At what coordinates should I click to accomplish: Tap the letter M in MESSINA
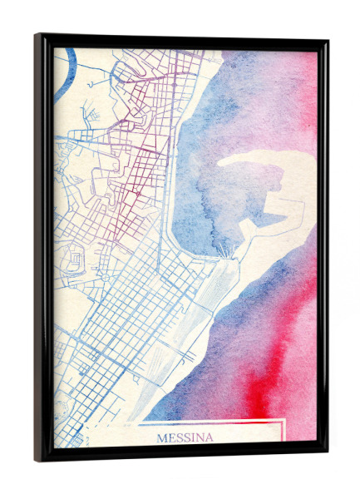tap(161, 437)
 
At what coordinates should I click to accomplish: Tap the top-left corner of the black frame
tap(37, 36)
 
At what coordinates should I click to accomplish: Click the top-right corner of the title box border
tap(285, 422)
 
